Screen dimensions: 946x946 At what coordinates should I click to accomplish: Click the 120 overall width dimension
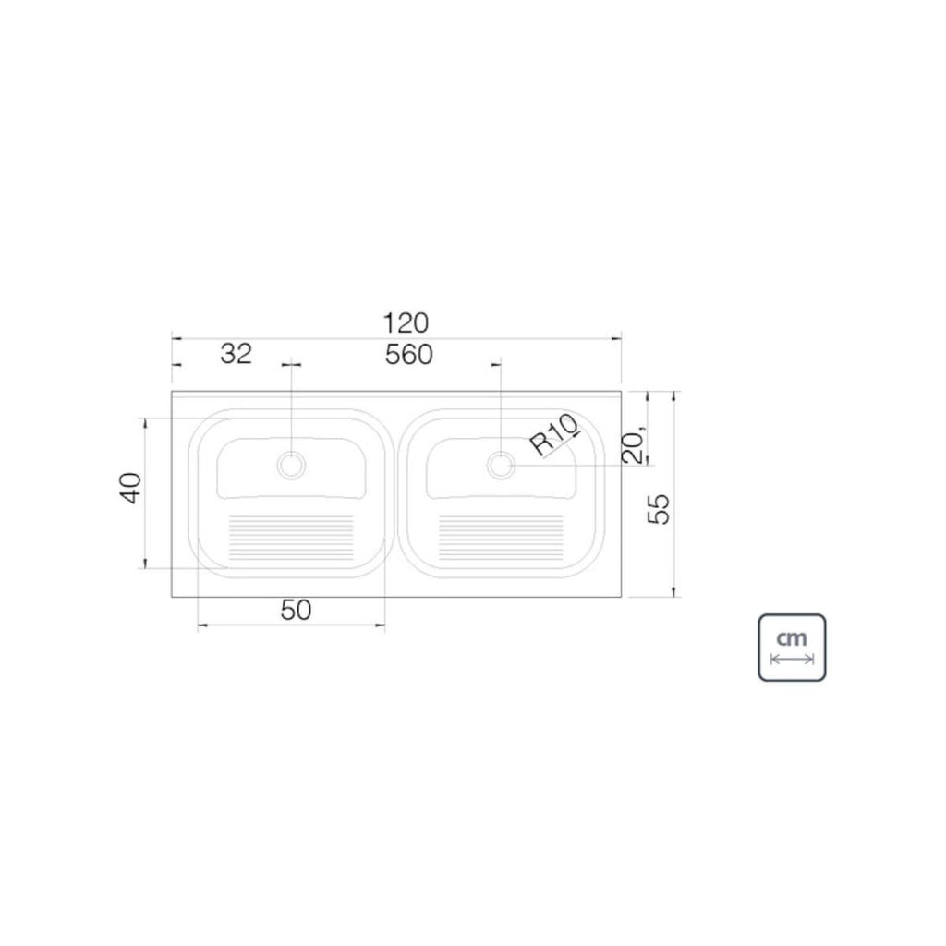(406, 323)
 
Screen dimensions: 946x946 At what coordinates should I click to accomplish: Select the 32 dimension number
(236, 354)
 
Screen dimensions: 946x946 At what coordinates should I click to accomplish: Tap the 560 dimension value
(409, 355)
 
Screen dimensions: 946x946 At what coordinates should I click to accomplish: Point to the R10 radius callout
(555, 435)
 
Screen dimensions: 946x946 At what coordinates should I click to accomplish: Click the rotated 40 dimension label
(131, 488)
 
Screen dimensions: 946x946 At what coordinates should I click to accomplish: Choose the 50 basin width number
(297, 611)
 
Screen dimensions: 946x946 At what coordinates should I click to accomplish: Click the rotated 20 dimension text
(634, 445)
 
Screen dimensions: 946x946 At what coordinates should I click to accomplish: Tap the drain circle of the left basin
(291, 466)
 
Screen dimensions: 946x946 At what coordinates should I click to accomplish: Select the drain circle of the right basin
(502, 466)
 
